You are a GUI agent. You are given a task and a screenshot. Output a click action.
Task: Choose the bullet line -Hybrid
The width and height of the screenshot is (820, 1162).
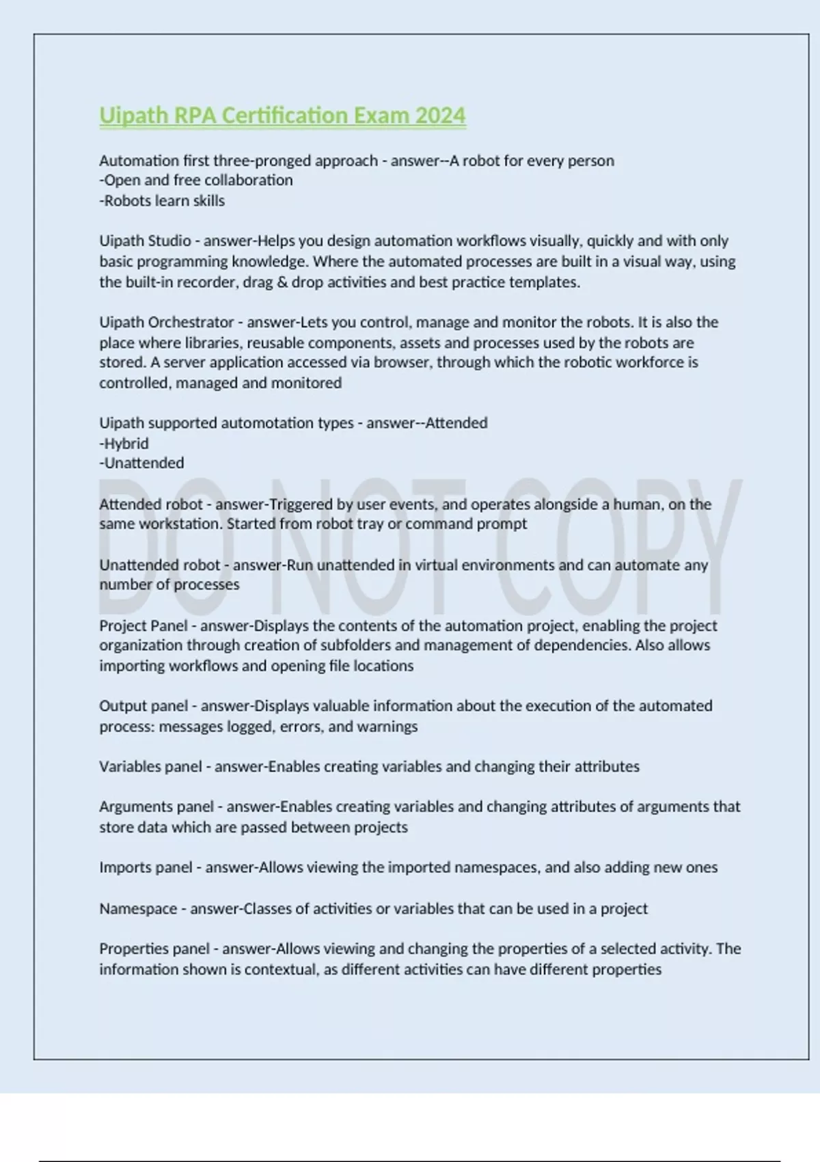[124, 444]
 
